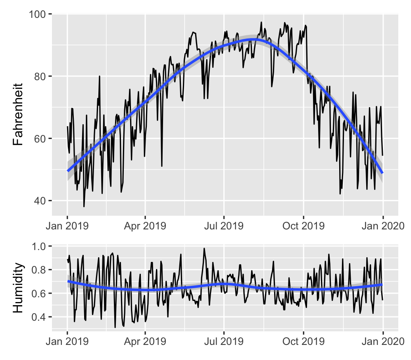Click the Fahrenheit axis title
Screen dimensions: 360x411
pyautogui.click(x=18, y=114)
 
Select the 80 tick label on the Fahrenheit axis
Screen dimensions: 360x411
pyautogui.click(x=41, y=76)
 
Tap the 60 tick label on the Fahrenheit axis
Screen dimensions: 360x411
pyautogui.click(x=41, y=139)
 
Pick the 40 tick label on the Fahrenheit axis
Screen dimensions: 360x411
pyautogui.click(x=41, y=200)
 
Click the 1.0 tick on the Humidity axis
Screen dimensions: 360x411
pyautogui.click(x=41, y=246)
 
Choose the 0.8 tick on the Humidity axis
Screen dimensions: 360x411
pyautogui.click(x=41, y=270)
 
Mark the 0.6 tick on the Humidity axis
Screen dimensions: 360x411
pyautogui.click(x=41, y=293)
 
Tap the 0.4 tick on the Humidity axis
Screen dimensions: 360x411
pyautogui.click(x=41, y=317)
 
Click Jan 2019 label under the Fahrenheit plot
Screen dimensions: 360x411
pyautogui.click(x=67, y=226)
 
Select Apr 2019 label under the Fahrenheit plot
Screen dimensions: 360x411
pyautogui.click(x=145, y=226)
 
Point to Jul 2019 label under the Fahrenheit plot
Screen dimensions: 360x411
pyautogui.click(x=224, y=226)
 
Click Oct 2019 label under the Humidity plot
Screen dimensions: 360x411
pyautogui.click(x=303, y=341)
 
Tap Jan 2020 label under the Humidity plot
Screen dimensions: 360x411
pyautogui.click(x=383, y=341)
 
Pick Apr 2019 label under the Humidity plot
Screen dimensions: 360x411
pyautogui.click(x=145, y=341)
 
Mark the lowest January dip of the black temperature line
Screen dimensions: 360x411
pyautogui.click(x=84, y=206)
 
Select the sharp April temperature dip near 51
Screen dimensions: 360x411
pyautogui.click(x=162, y=166)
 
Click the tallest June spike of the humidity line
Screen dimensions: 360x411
pyautogui.click(x=204, y=248)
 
